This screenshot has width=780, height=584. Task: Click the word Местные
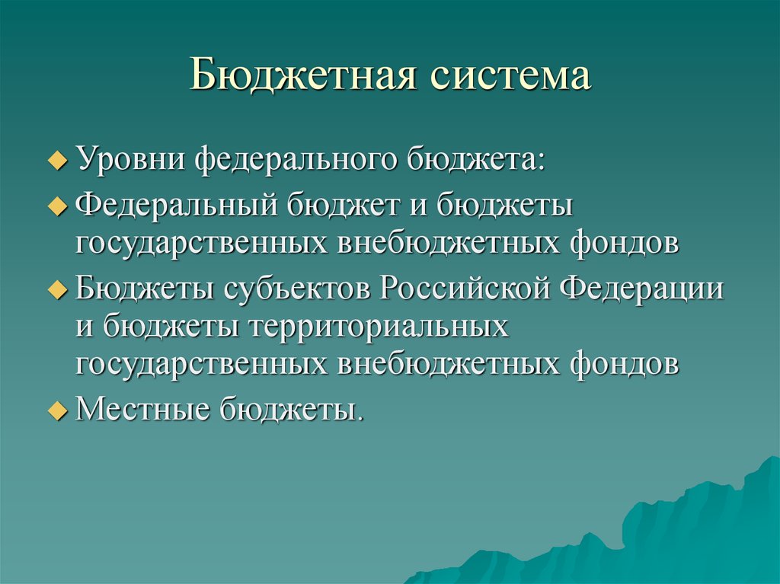[142, 410]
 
